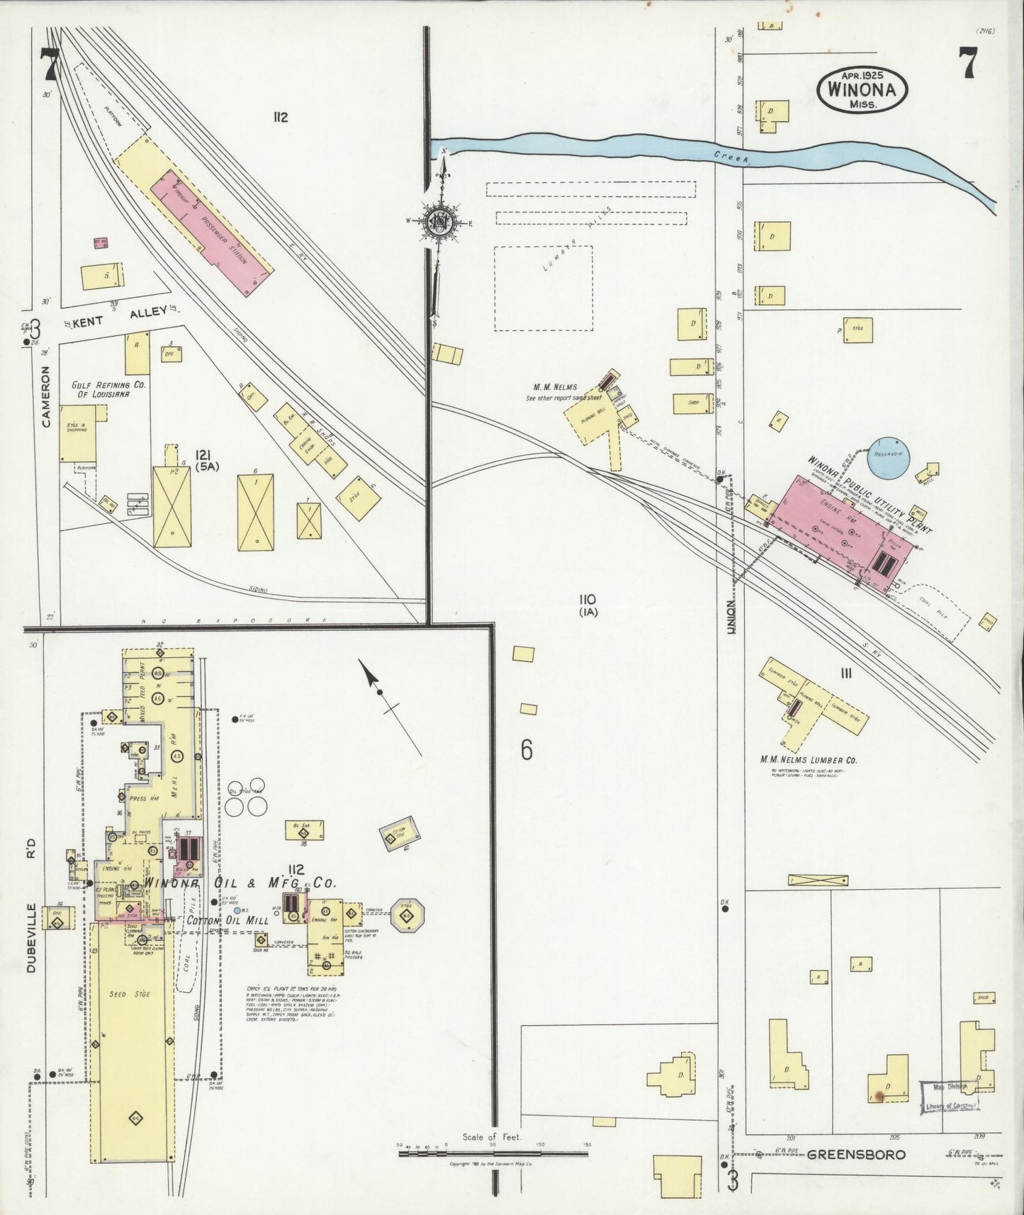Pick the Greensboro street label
856,1154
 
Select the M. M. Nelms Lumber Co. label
809,760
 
